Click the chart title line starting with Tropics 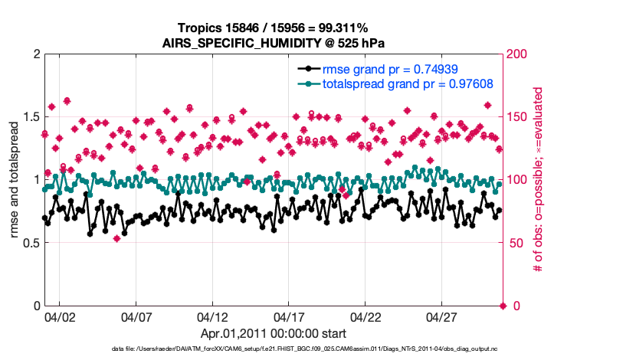click(x=273, y=28)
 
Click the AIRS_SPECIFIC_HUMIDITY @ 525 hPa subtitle click(x=273, y=43)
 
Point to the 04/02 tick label click(x=60, y=317)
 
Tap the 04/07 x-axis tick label click(x=136, y=317)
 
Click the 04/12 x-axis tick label click(x=213, y=317)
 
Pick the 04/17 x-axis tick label click(x=290, y=317)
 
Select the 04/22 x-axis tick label click(x=366, y=317)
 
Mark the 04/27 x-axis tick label click(x=443, y=317)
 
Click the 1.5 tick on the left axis click(x=28, y=117)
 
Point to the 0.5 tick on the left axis click(x=28, y=243)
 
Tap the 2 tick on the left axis click(x=35, y=54)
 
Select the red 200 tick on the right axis click(x=519, y=54)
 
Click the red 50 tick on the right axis click(x=516, y=243)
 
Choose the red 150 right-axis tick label click(x=519, y=117)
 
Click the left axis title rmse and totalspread click(x=15, y=180)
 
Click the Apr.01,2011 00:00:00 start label click(x=273, y=333)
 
